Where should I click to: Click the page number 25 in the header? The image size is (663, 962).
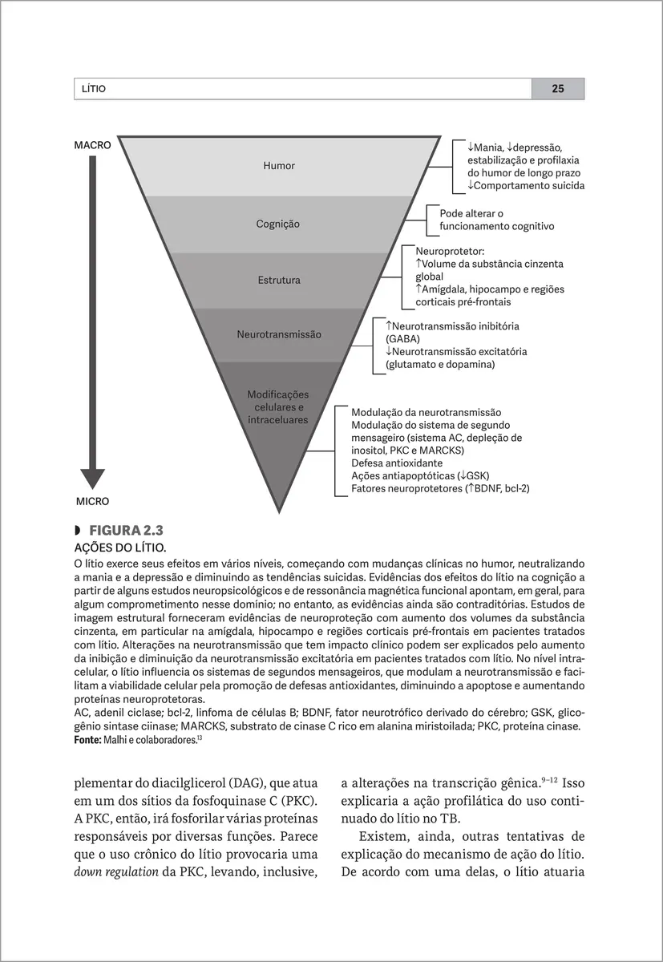pos(557,89)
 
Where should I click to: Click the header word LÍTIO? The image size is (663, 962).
pos(90,89)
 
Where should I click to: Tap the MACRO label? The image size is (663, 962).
pos(92,146)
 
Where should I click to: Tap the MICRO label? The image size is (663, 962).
pos(92,501)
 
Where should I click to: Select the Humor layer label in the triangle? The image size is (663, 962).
pos(279,166)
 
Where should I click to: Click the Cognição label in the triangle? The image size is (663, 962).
pos(277,224)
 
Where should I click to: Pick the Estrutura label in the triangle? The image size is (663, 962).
pos(279,281)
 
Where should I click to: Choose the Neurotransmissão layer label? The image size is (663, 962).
pos(279,333)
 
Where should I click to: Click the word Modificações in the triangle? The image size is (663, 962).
pos(277,394)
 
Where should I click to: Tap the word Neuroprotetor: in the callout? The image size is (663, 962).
pos(450,252)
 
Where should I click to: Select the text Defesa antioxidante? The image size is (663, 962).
pos(397,463)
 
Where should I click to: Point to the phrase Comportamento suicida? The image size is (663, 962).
pos(529,186)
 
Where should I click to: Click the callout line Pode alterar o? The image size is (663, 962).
pos(471,214)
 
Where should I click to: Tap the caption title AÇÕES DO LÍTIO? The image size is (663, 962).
pos(119,548)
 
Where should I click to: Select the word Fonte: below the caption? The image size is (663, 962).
pos(87,740)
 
